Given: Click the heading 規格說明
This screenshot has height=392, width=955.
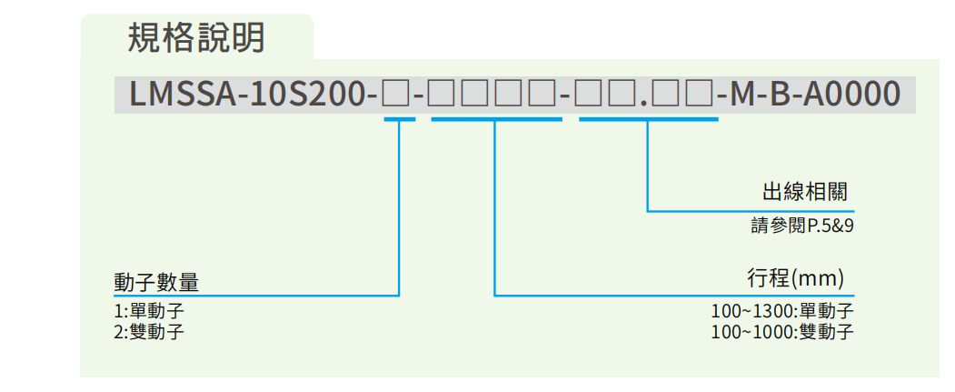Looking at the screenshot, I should tap(196, 37).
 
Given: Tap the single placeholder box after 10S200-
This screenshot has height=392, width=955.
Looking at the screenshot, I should tap(396, 95).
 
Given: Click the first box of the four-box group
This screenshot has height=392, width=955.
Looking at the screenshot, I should tap(443, 95).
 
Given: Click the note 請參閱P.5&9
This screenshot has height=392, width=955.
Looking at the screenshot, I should tap(801, 225).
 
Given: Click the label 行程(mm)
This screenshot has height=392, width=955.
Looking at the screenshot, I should tap(796, 276).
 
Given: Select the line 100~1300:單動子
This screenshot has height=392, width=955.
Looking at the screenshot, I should tap(782, 311).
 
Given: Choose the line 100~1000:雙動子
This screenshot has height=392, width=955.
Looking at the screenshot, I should tap(782, 330).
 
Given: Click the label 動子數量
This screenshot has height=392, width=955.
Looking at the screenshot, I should tap(156, 282).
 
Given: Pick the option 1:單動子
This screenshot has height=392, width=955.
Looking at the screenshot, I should tap(148, 311).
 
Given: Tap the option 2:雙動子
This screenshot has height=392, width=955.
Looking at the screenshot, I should tap(148, 330).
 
